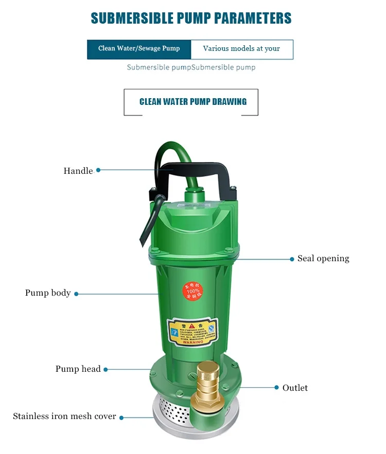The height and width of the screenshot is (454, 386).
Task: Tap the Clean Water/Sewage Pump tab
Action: (139, 49)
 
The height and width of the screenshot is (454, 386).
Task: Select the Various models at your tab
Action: (241, 49)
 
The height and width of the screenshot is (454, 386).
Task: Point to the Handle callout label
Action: (78, 171)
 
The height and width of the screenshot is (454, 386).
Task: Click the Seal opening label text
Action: (323, 259)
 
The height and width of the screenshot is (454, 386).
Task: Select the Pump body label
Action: (48, 293)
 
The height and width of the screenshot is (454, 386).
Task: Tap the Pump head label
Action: (78, 369)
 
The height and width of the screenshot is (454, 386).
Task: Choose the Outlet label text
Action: (295, 388)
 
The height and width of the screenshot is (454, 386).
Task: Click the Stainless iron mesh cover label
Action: (64, 416)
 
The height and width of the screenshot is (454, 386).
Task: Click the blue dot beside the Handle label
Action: (98, 170)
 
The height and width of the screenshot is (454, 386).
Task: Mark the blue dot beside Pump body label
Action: (76, 294)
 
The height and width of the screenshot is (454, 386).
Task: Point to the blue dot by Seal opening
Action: (292, 259)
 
